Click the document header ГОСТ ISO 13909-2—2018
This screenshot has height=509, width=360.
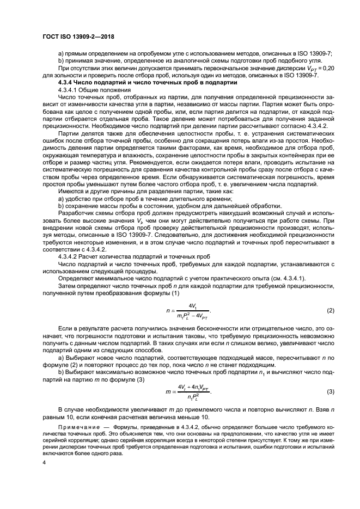79,36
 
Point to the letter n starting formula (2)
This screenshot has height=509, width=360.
168,310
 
